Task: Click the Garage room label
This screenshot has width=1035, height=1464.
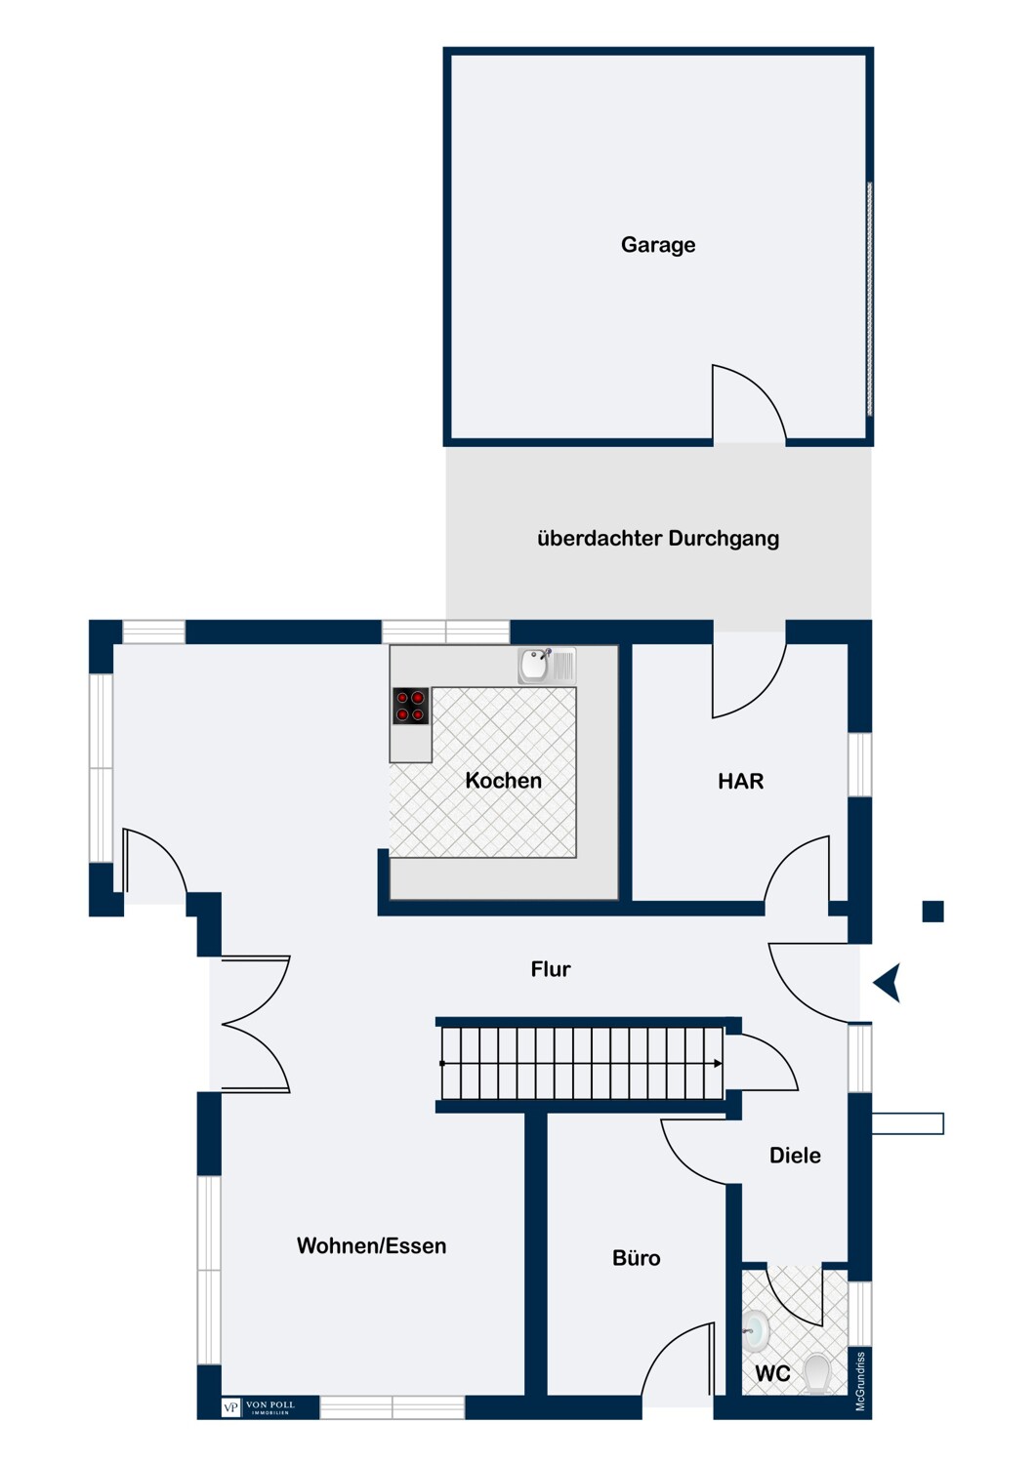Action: (x=658, y=245)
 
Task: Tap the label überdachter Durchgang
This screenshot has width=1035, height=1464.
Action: (x=658, y=539)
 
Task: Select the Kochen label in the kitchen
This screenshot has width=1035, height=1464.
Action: (x=504, y=781)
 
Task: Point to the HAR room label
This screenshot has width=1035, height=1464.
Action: (x=740, y=781)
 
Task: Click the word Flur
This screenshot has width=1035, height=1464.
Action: (x=551, y=968)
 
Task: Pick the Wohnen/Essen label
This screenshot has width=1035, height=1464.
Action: (x=371, y=1245)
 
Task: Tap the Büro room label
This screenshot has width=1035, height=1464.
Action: (x=637, y=1258)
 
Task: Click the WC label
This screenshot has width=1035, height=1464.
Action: (x=772, y=1373)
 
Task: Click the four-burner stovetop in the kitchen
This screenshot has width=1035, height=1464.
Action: (x=411, y=706)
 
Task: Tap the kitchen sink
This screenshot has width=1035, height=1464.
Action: (x=547, y=666)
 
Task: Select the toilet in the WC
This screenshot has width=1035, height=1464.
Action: (x=816, y=1372)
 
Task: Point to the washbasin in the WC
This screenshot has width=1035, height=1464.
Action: (x=757, y=1329)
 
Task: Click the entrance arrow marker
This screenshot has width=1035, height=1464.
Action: (x=888, y=982)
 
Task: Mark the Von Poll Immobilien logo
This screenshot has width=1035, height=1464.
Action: (x=258, y=1407)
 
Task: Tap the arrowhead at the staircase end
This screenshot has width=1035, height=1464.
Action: (x=718, y=1064)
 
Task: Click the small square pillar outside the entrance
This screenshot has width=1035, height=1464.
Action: (x=933, y=911)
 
